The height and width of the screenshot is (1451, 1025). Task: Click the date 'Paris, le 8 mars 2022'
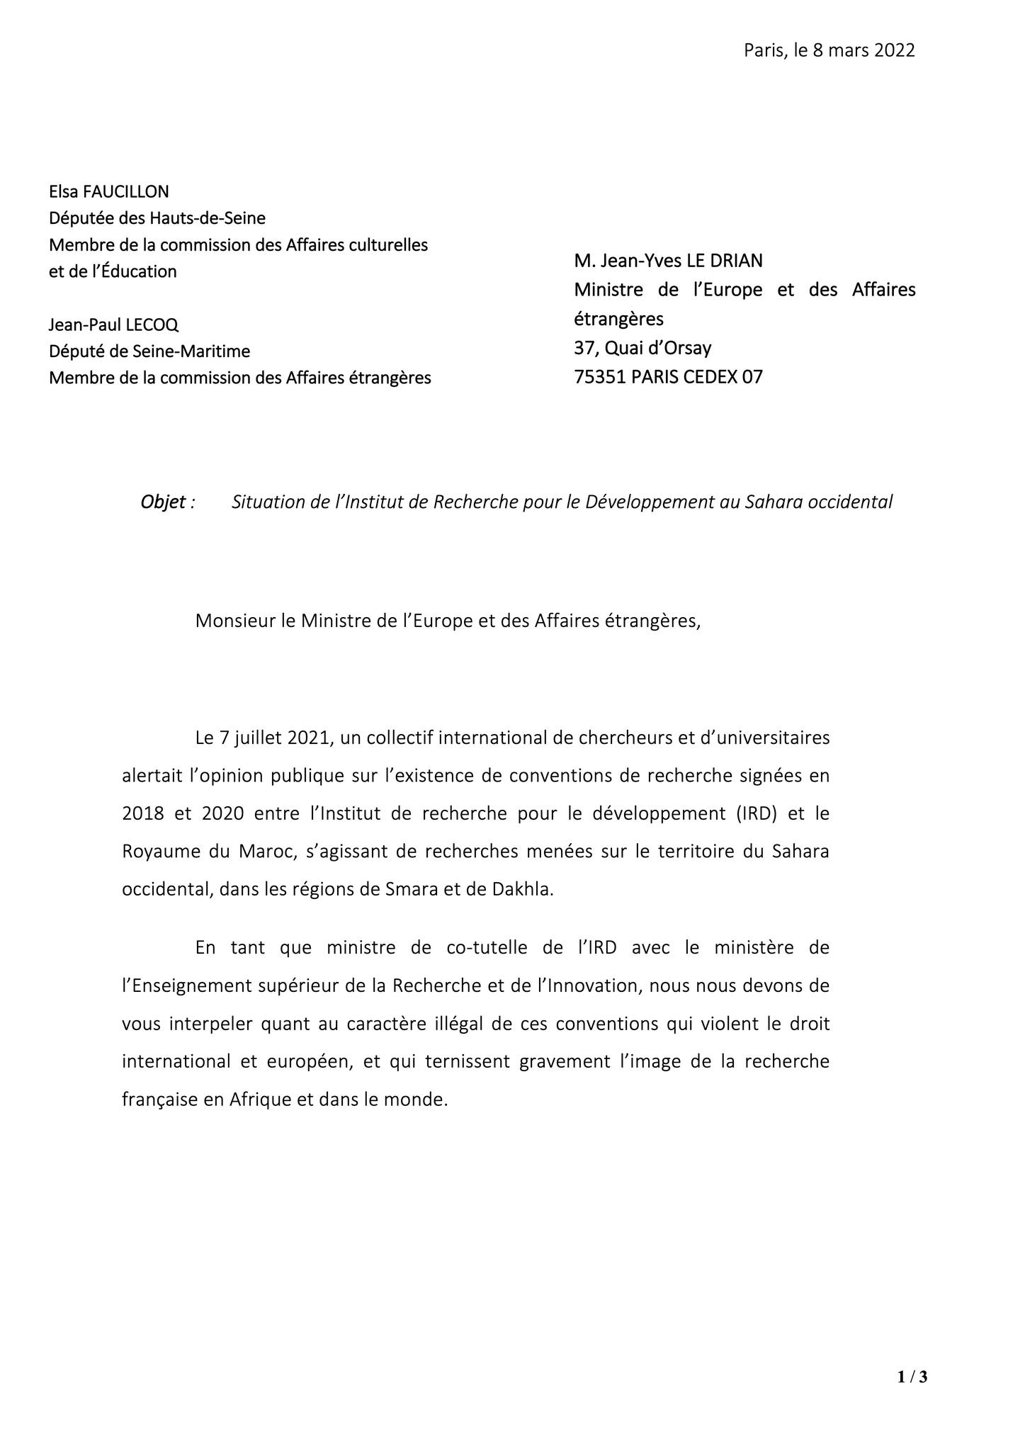click(x=829, y=50)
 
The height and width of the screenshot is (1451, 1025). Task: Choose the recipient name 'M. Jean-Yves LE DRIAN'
click(x=668, y=261)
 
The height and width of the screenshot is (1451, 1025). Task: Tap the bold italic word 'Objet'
click(x=164, y=502)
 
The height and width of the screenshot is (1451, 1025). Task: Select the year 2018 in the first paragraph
click(x=143, y=813)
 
